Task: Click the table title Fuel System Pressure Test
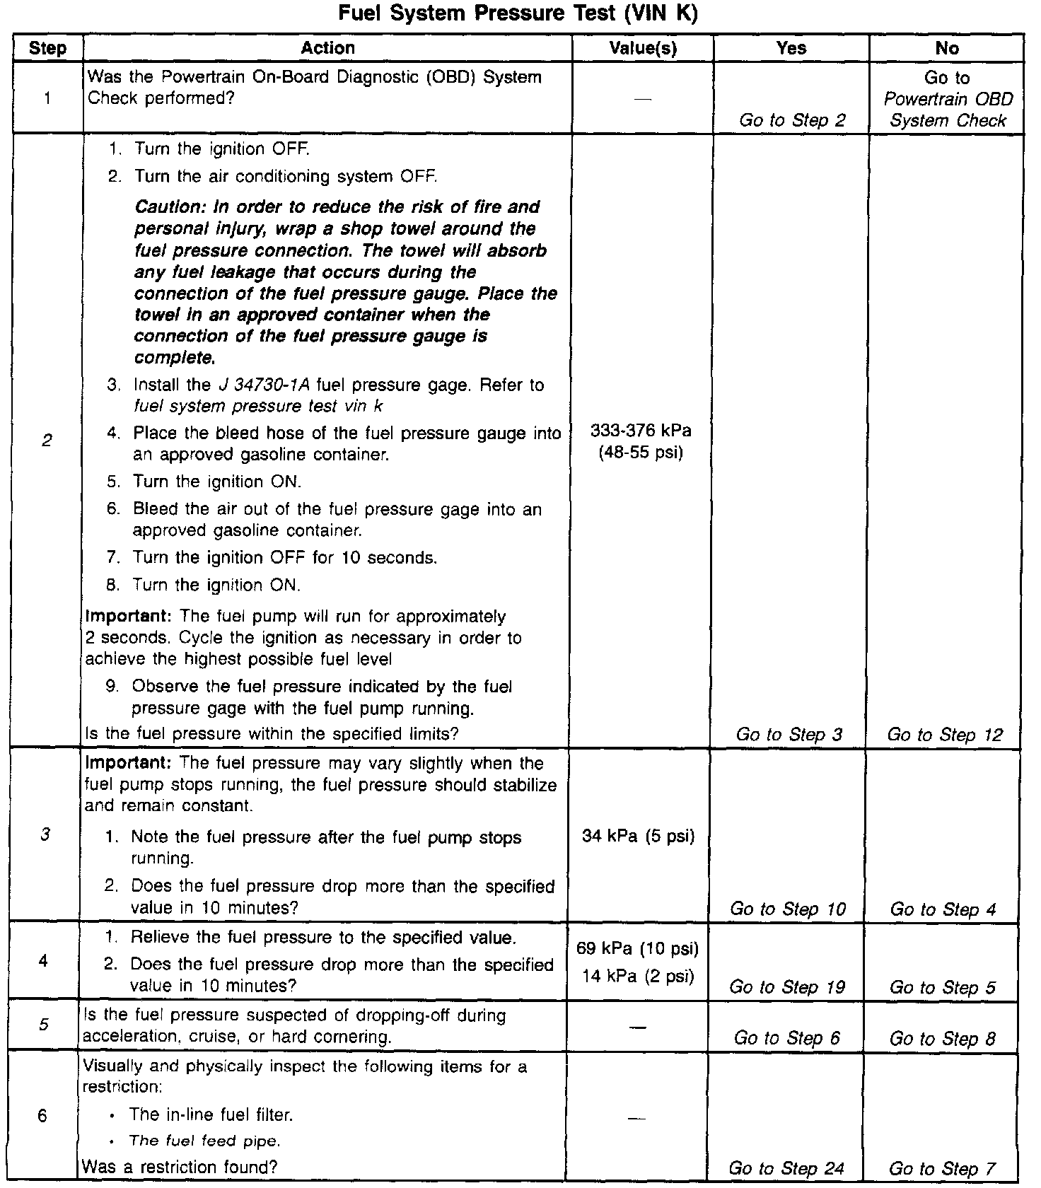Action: (518, 14)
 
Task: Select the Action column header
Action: (327, 48)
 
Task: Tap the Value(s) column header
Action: (642, 48)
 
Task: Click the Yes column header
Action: (791, 48)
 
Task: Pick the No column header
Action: (946, 48)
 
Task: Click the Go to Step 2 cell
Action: (792, 120)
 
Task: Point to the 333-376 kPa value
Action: (641, 431)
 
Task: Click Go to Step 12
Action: (945, 735)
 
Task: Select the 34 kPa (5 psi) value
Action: (639, 837)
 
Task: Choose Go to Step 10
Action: (788, 909)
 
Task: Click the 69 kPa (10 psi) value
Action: (639, 948)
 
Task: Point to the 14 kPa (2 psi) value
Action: (639, 977)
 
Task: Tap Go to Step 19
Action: (786, 987)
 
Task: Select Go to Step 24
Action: (786, 1169)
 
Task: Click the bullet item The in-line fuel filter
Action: (211, 1115)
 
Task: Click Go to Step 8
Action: (942, 1038)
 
